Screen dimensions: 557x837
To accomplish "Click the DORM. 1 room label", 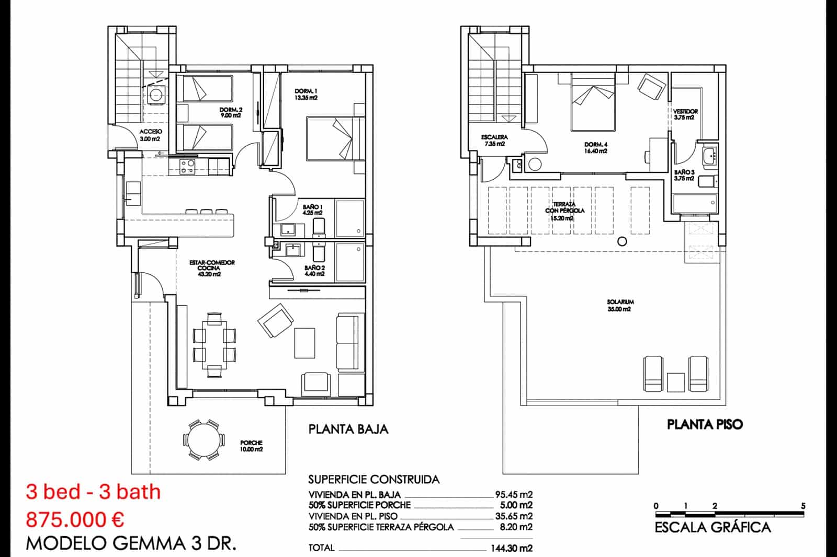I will click(x=306, y=95).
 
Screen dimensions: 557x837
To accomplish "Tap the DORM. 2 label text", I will click(x=231, y=112).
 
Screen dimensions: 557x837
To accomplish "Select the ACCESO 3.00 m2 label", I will click(x=151, y=135).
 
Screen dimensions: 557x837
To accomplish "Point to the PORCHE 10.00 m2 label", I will click(x=251, y=446).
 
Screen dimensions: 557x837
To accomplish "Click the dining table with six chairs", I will click(x=214, y=345).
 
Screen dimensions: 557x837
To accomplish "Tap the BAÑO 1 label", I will click(x=313, y=210).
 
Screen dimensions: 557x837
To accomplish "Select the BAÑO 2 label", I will click(x=314, y=270).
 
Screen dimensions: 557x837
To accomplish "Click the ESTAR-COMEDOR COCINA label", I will click(x=212, y=268).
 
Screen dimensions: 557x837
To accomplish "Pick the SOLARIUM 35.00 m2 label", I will click(x=620, y=305).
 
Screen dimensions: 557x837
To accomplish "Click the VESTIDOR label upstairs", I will click(x=685, y=114).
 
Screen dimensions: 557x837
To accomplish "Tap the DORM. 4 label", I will click(x=596, y=147).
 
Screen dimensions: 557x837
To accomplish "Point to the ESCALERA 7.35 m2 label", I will click(x=494, y=140).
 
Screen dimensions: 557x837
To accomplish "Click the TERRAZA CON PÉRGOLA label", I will click(x=564, y=211).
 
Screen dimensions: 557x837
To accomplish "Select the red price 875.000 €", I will click(x=75, y=520).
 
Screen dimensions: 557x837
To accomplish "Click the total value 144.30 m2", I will click(x=511, y=548).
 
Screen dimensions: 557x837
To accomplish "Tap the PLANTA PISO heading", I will click(x=705, y=424).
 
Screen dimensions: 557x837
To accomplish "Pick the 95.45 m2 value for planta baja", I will click(x=514, y=494).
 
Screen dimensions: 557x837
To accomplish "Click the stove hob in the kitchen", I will click(x=187, y=166).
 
